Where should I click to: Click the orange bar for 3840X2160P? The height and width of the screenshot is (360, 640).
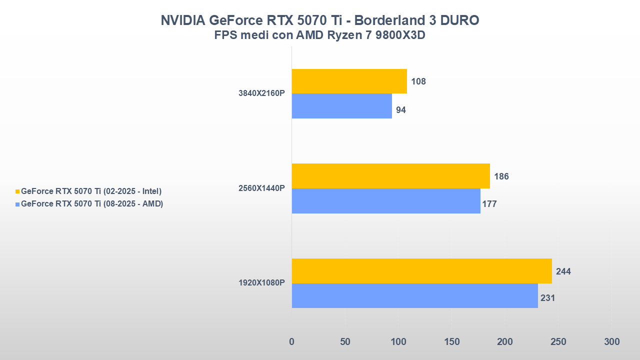coord(349,81)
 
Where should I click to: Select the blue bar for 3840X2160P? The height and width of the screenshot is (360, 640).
coord(341,106)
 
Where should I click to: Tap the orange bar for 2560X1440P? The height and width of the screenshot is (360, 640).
coord(390,176)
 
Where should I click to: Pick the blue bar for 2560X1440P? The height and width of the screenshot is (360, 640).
coord(385,201)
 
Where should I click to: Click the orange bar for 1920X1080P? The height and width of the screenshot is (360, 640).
coord(421,271)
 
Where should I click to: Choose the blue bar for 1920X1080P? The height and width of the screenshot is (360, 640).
coord(414,295)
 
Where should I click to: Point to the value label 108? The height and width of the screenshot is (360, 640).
coord(418,81)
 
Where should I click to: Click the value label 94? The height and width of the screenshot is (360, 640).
coord(401,110)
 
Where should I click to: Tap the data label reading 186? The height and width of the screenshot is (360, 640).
coord(501,176)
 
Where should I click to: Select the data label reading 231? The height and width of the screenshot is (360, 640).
coord(548,298)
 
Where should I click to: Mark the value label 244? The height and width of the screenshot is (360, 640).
coord(563,271)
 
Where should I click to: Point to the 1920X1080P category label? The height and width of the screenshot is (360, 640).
coord(261,283)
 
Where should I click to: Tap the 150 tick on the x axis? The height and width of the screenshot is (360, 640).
coord(451,342)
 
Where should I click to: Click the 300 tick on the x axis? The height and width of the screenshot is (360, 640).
coord(611,342)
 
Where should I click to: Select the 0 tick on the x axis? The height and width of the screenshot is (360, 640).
coord(292,342)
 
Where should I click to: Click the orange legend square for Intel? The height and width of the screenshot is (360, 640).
coord(17,191)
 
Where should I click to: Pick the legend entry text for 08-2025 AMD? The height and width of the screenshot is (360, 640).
coord(92,203)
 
